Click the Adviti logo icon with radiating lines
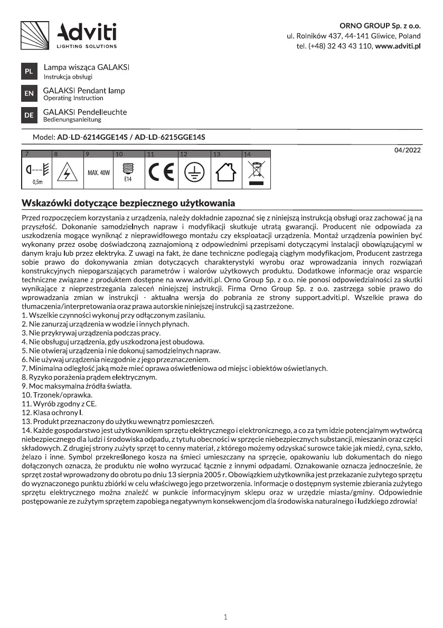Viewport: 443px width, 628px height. tap(35, 35)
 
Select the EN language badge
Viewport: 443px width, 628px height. tap(29, 94)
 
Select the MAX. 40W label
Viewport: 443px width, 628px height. tap(98, 173)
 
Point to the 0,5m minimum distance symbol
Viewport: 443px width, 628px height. tap(37, 173)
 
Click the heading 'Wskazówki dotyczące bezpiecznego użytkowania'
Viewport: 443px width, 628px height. tap(128, 204)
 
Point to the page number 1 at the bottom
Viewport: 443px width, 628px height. tap(225, 617)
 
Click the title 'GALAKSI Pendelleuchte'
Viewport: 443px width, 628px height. tap(85, 112)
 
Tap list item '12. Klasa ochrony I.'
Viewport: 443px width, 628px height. tap(52, 412)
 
